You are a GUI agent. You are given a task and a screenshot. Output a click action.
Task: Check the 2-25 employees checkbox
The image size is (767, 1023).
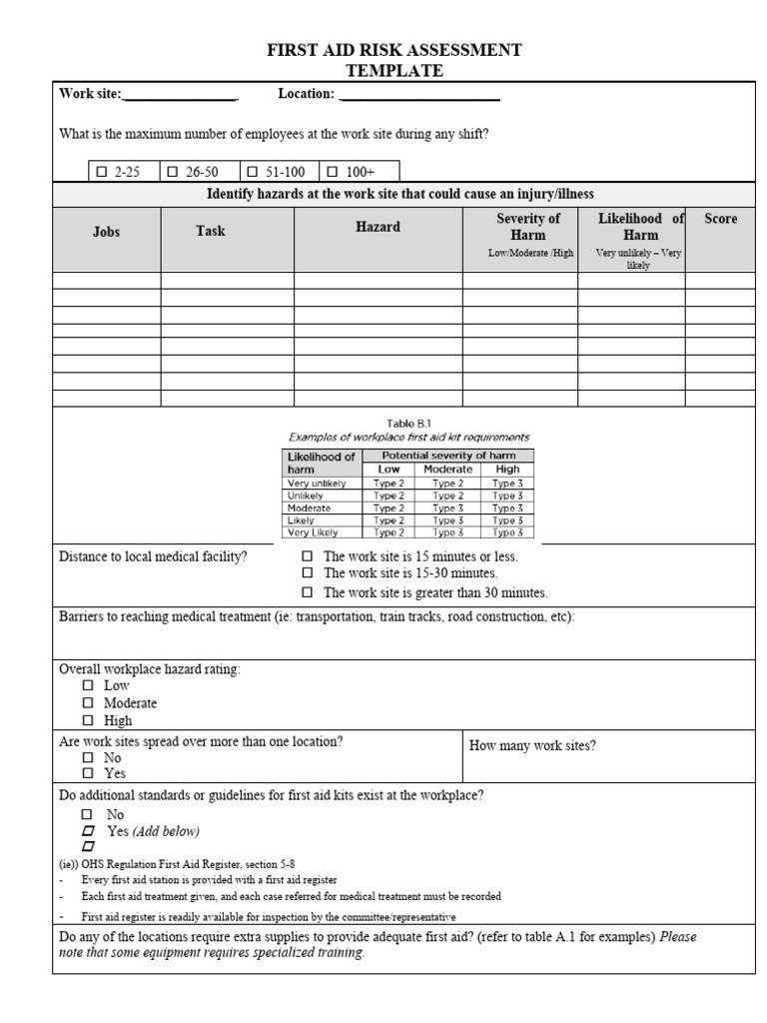point(101,172)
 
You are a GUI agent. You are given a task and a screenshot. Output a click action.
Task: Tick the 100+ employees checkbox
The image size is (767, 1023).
point(333,172)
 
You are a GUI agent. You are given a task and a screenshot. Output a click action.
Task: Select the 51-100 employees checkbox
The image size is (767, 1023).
point(252,172)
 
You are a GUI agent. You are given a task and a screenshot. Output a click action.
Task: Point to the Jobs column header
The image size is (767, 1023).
point(106,232)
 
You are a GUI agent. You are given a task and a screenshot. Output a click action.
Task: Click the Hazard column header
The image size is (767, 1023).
point(378,227)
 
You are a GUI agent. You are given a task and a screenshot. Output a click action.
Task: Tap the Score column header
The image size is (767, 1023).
point(720,219)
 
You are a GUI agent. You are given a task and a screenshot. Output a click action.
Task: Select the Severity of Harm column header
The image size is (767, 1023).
point(528,226)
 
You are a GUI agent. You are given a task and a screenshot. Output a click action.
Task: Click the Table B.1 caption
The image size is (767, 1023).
point(409,423)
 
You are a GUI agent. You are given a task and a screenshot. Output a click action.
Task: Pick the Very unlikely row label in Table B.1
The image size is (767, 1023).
point(317,484)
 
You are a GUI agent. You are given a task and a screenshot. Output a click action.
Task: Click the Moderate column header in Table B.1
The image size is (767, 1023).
point(447,469)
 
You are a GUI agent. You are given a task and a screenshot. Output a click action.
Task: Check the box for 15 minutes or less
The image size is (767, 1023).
point(308,556)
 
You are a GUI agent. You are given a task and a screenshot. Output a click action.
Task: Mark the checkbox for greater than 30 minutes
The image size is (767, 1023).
point(308,592)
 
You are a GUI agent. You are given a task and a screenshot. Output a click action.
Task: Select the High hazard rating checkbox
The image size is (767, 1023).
point(88,720)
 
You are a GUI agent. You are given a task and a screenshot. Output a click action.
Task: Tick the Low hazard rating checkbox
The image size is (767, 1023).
point(88,686)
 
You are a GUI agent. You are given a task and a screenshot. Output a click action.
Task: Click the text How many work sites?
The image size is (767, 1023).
point(532,746)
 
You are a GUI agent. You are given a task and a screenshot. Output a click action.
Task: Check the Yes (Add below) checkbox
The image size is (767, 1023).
point(88,831)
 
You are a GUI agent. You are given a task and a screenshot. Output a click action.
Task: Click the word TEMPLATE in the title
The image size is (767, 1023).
point(393,70)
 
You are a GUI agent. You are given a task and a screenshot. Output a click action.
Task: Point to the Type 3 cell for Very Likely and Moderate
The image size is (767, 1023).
point(447,532)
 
